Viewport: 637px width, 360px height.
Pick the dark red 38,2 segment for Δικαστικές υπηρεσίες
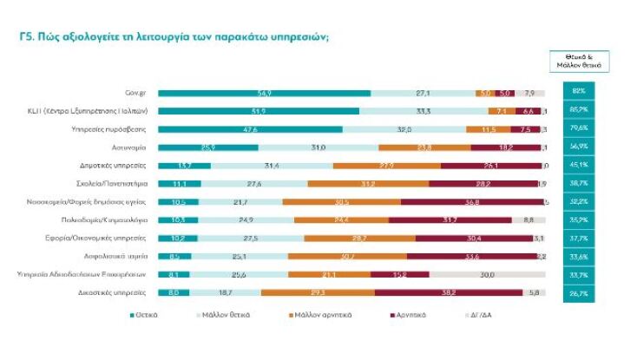[x=448, y=293]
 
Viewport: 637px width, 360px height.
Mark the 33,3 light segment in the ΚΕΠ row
[x=424, y=111]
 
